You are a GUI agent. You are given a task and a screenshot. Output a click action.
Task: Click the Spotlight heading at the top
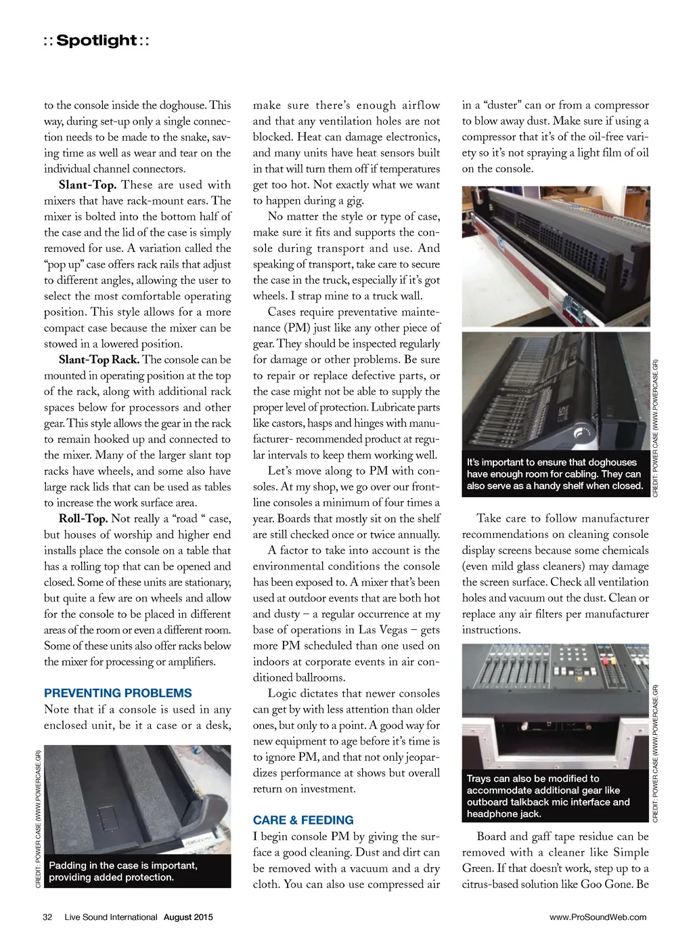(x=97, y=41)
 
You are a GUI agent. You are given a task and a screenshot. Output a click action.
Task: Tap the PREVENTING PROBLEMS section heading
(x=118, y=693)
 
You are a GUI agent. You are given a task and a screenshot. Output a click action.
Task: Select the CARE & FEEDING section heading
(x=303, y=820)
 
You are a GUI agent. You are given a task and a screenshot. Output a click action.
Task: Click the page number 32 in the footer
(x=47, y=917)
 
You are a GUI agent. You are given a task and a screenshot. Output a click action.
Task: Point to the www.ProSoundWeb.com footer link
(x=598, y=917)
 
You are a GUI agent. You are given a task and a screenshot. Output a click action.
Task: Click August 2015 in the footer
(x=188, y=917)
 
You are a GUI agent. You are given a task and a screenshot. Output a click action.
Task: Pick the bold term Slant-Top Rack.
(x=99, y=360)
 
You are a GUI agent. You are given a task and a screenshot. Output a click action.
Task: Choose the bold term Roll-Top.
(x=83, y=519)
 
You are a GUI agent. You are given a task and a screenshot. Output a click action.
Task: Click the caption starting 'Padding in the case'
(x=123, y=871)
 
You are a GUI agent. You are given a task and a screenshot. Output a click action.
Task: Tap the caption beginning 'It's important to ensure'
(x=555, y=473)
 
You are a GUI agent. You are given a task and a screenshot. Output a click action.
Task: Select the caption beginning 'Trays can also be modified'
(x=548, y=796)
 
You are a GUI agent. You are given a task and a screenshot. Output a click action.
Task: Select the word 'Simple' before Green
(x=631, y=852)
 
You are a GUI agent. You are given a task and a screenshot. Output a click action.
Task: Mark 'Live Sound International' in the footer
(x=111, y=917)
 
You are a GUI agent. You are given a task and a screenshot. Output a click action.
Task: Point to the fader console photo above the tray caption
(x=556, y=704)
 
